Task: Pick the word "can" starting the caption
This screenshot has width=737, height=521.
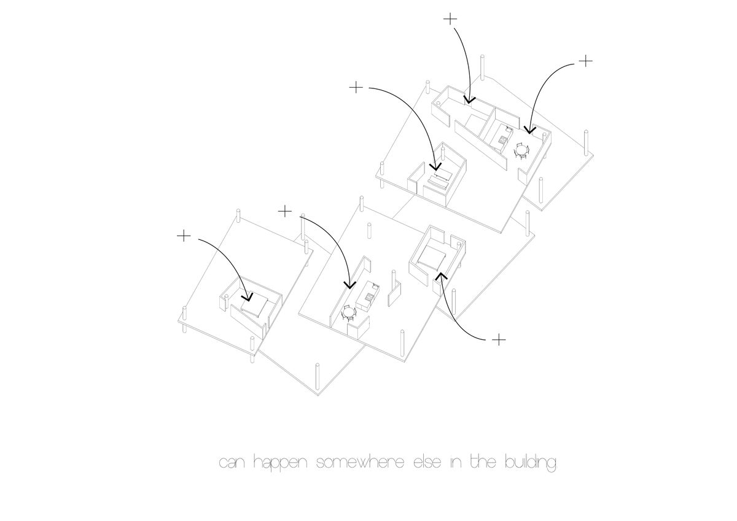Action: coord(233,464)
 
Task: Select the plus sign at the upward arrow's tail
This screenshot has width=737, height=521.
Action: coord(500,339)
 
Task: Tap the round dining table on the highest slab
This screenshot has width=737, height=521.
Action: coord(522,149)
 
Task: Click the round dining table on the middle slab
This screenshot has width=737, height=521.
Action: coord(348,314)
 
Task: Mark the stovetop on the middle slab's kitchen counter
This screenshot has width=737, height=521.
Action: coord(369,297)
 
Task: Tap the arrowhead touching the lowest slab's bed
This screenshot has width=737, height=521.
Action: coord(248,298)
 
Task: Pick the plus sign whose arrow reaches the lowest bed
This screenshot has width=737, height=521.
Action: coord(183,235)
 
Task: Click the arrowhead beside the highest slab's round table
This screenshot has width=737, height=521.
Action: coord(529,130)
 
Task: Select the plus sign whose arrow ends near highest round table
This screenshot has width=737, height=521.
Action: coord(586,61)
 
